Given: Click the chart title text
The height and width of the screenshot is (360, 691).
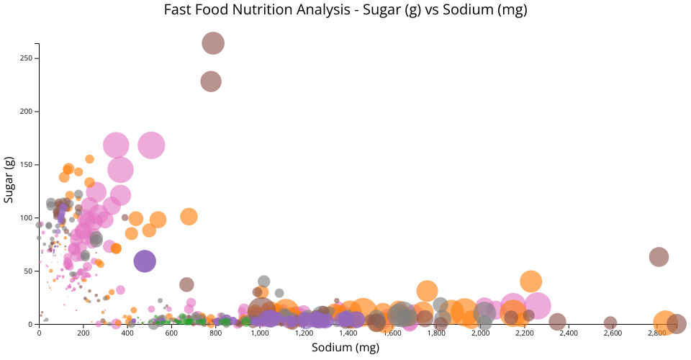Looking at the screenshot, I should (x=345, y=10).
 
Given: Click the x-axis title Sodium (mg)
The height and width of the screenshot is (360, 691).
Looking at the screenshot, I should (x=345, y=347).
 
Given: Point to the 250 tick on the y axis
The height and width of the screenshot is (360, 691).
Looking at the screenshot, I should (x=30, y=58).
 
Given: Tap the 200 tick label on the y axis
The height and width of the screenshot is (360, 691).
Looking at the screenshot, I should (x=30, y=112).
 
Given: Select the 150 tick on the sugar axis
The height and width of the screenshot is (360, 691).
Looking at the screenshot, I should (x=30, y=165).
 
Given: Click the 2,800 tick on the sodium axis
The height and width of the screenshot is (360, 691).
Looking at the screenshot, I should (x=657, y=333).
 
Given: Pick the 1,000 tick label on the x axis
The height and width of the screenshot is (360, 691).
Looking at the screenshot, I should (x=260, y=333).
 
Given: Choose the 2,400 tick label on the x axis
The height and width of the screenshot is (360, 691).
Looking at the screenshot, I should (x=569, y=333).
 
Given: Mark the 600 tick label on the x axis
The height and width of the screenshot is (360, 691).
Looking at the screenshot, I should (x=171, y=333).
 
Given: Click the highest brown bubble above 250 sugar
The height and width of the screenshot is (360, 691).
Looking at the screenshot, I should (x=213, y=43).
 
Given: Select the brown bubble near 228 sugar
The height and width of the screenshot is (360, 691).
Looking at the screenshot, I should (x=210, y=81).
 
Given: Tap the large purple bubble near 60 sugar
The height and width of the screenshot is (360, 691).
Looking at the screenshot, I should (x=145, y=261).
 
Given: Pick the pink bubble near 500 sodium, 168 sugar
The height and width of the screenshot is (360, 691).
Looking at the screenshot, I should (x=151, y=145).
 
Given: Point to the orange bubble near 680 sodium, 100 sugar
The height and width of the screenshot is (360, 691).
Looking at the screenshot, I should (x=189, y=217).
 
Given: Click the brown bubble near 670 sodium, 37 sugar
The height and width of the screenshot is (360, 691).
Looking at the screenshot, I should (x=187, y=284).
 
